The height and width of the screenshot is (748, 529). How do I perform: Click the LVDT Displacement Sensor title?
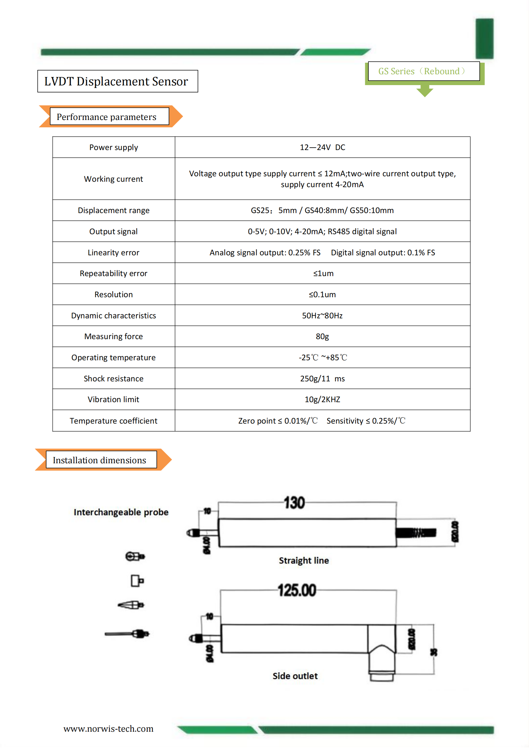[x=116, y=82]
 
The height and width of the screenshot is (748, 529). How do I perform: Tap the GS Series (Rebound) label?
[x=422, y=71]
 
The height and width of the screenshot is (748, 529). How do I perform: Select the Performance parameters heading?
[x=107, y=117]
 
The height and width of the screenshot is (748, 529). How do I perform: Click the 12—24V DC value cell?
[x=322, y=147]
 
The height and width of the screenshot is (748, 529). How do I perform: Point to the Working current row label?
[x=113, y=179]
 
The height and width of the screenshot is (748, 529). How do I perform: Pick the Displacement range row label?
[x=113, y=210]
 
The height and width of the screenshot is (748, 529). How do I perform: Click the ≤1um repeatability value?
[x=323, y=273]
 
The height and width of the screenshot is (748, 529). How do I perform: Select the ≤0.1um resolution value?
[x=322, y=295]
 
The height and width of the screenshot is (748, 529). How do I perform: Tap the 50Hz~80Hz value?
[x=322, y=315]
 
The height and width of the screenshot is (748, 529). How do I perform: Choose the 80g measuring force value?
[x=322, y=336]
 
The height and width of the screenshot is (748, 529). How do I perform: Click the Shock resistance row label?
[x=113, y=378]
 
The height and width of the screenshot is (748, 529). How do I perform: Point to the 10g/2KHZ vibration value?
[x=322, y=399]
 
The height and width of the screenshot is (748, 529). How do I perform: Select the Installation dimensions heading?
[x=100, y=460]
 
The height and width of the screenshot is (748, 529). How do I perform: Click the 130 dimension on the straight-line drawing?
[x=294, y=503]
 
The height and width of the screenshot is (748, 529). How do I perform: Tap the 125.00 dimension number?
[x=297, y=590]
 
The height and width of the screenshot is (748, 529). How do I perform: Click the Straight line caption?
[x=304, y=560]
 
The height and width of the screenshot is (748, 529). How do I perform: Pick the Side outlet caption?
[x=295, y=676]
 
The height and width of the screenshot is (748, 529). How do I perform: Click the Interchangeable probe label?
[x=121, y=512]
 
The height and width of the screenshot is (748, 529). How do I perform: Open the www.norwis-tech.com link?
[x=108, y=728]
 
